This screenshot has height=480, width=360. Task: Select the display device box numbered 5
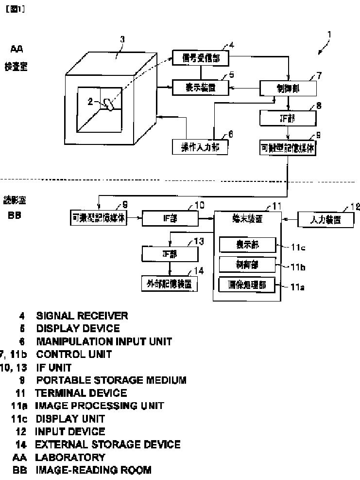201,88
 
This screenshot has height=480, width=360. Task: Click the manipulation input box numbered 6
200,146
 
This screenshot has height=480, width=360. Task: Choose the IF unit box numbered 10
170,219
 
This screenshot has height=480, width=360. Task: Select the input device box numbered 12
326,220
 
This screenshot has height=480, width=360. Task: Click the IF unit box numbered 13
170,254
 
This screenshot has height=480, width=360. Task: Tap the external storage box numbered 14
170,283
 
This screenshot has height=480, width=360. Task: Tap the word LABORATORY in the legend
70,457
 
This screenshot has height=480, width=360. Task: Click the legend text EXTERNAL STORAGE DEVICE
107,444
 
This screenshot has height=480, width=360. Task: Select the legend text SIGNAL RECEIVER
82,316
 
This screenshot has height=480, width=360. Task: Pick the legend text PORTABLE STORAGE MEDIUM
111,380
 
